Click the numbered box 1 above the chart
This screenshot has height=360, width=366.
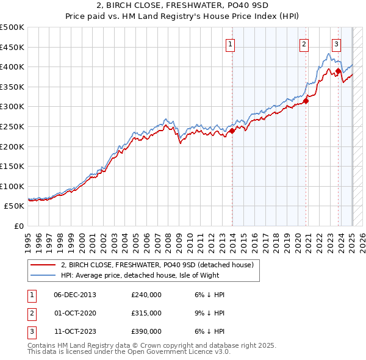click(x=231, y=43)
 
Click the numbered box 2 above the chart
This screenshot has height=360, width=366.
click(x=304, y=43)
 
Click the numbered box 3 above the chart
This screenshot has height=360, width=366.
click(x=336, y=43)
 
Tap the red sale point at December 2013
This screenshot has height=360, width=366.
click(x=232, y=131)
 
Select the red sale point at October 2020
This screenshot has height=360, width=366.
click(x=306, y=101)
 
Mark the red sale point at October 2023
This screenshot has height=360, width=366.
click(x=338, y=71)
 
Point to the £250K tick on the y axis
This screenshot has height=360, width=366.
click(x=12, y=126)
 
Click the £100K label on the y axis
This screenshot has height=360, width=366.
click(x=12, y=186)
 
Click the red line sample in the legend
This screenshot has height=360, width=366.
click(x=43, y=265)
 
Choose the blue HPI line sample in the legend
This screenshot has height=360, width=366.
click(x=43, y=275)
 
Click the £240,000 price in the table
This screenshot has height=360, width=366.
click(x=146, y=295)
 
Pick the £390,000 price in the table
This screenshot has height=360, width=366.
click(x=146, y=331)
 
